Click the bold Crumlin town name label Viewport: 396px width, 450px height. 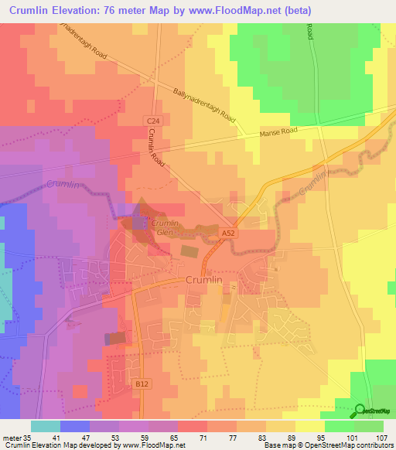(204, 281)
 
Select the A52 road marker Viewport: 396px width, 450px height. (228, 232)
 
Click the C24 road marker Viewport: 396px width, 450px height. (152, 121)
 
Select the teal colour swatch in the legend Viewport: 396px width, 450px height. (46, 426)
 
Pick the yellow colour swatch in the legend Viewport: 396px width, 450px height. (309, 426)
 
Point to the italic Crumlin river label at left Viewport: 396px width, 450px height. (62, 185)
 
